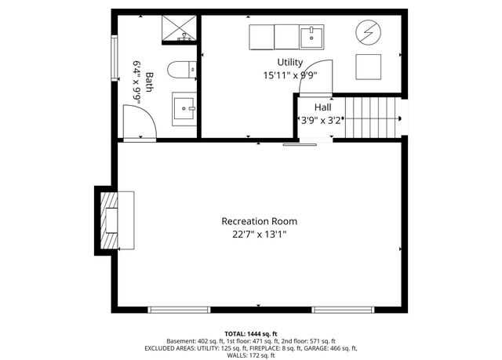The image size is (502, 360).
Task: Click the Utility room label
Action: point(289,62)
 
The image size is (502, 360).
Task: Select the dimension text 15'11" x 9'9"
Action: point(289,76)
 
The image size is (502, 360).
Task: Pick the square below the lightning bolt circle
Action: point(369,67)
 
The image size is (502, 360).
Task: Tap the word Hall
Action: point(322,107)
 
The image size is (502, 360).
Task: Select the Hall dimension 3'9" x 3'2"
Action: point(322,121)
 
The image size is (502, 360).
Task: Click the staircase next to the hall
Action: point(372,118)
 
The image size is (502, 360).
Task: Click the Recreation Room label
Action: point(259,221)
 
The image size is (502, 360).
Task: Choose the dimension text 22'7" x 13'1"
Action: point(259,235)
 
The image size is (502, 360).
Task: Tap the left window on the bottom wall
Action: point(180,309)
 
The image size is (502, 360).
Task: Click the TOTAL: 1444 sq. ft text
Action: point(251,333)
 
